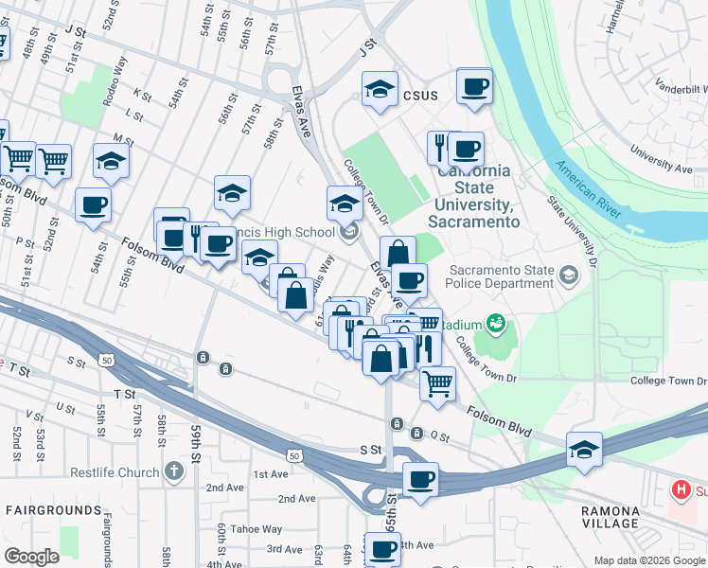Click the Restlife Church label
click(114, 472)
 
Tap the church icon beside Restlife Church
click(173, 470)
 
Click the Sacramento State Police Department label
click(502, 276)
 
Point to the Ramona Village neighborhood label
click(610, 517)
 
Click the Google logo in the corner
click(31, 557)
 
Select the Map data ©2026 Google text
click(649, 560)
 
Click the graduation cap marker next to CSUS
click(380, 90)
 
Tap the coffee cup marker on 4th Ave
click(383, 549)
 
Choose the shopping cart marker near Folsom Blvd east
click(436, 383)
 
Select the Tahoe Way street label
click(258, 529)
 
